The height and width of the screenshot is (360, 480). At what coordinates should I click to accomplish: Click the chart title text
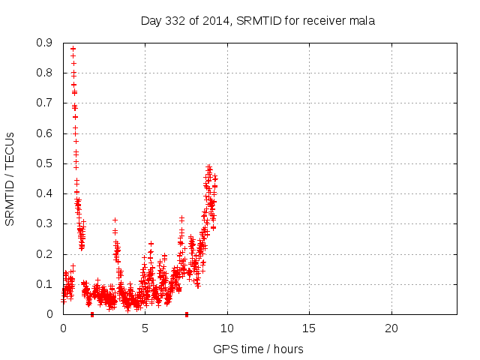point(257,20)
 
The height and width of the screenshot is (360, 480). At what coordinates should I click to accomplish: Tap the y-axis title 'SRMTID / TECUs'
point(10,178)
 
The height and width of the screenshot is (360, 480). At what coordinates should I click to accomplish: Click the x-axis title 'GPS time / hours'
point(258,349)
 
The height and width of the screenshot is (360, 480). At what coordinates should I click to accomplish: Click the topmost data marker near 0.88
point(73,49)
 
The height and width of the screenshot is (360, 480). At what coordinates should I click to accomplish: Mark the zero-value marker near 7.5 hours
point(187,313)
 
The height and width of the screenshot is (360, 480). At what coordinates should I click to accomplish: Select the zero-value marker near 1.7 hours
point(91,313)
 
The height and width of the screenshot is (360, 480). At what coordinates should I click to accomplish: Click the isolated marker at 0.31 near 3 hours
point(115,220)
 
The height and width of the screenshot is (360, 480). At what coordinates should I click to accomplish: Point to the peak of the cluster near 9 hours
point(209,166)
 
